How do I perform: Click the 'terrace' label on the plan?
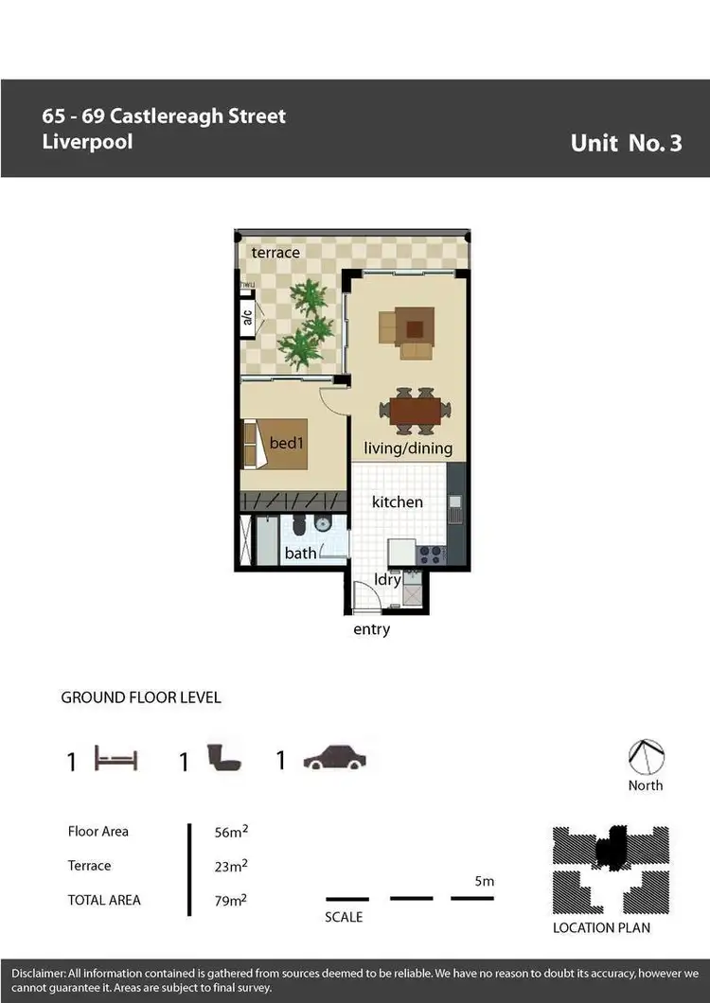click(275, 253)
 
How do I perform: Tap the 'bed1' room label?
click(286, 443)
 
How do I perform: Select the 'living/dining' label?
click(409, 449)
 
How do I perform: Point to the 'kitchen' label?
click(397, 501)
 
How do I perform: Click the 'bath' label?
click(300, 553)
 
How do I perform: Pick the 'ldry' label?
click(388, 580)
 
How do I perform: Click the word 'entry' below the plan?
click(371, 629)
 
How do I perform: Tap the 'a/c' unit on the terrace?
click(247, 318)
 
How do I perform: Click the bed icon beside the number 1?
click(116, 759)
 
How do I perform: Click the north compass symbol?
click(647, 757)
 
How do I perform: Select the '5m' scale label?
click(484, 881)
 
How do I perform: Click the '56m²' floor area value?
click(231, 832)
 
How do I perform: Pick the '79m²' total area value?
click(231, 900)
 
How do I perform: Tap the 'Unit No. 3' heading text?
click(626, 143)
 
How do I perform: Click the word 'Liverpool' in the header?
click(87, 142)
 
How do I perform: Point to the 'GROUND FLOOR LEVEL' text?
click(141, 697)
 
